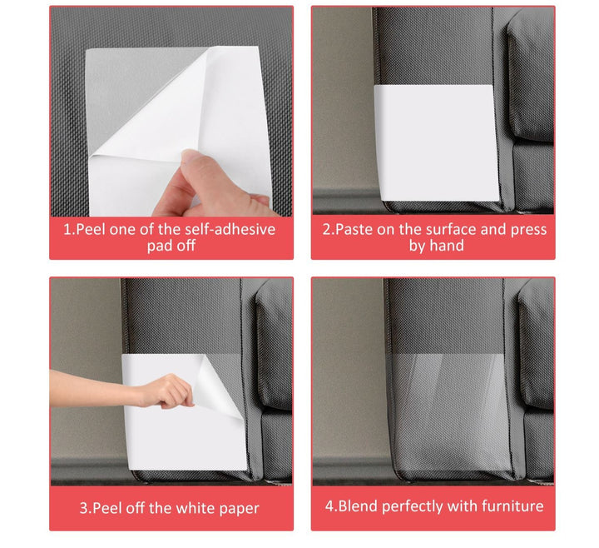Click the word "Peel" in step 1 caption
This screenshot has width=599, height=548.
click(x=93, y=229)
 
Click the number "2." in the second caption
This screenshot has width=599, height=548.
click(x=328, y=229)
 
